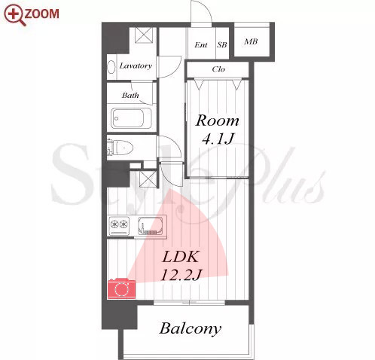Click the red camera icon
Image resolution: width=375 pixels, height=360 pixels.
tap(122, 288)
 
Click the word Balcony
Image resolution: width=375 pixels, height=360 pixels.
tap(191, 329)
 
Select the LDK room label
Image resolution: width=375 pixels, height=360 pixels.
tap(181, 257)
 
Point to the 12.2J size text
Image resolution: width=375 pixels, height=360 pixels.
tap(181, 275)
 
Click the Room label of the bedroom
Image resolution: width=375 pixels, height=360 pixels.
tap(218, 121)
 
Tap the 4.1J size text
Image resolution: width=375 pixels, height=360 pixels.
tap(218, 139)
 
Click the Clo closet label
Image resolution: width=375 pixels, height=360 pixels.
tap(218, 69)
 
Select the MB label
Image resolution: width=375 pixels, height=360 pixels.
tap(251, 41)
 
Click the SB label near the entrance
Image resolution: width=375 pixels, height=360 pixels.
tap(222, 45)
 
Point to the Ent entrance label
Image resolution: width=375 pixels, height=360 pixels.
tap(201, 45)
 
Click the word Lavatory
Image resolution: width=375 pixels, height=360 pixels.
tap(136, 66)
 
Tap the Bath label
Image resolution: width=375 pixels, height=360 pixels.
tap(130, 96)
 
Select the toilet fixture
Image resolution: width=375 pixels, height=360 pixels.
tap(120, 148)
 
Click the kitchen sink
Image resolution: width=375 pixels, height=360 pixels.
tap(151, 225)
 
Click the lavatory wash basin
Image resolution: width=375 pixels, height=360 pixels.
tap(111, 67)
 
